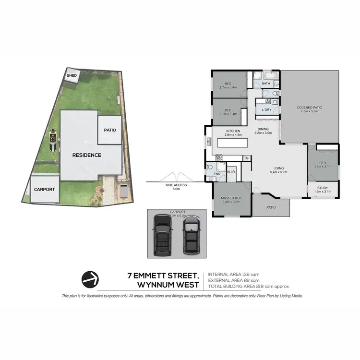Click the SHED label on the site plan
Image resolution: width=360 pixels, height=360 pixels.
pos(72,75)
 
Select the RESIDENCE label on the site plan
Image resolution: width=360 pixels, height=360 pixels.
pos(86,155)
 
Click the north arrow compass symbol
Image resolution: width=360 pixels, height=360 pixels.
pos(90,278)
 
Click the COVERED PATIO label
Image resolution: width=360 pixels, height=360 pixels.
pos(308,109)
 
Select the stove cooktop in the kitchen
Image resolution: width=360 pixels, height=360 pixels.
pos(219,157)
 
